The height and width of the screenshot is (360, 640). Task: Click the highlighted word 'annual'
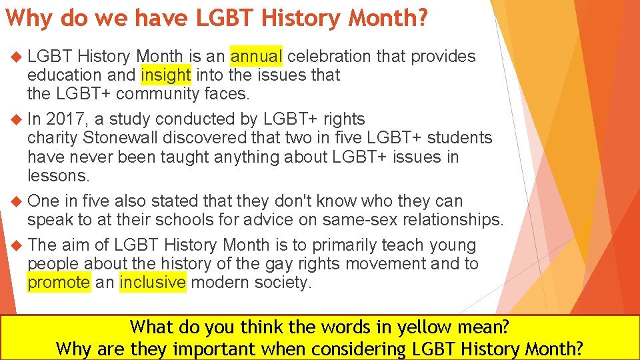[256, 56]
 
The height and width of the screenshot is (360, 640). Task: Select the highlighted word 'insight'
[165, 75]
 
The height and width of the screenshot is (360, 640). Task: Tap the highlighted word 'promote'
[58, 282]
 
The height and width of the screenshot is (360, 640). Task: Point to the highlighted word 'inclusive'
[153, 282]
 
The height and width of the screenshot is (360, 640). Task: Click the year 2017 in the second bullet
[65, 119]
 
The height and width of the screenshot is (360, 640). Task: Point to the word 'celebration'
[329, 56]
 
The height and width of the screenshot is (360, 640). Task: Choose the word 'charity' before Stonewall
[53, 138]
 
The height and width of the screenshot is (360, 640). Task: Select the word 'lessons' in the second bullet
[57, 175]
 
